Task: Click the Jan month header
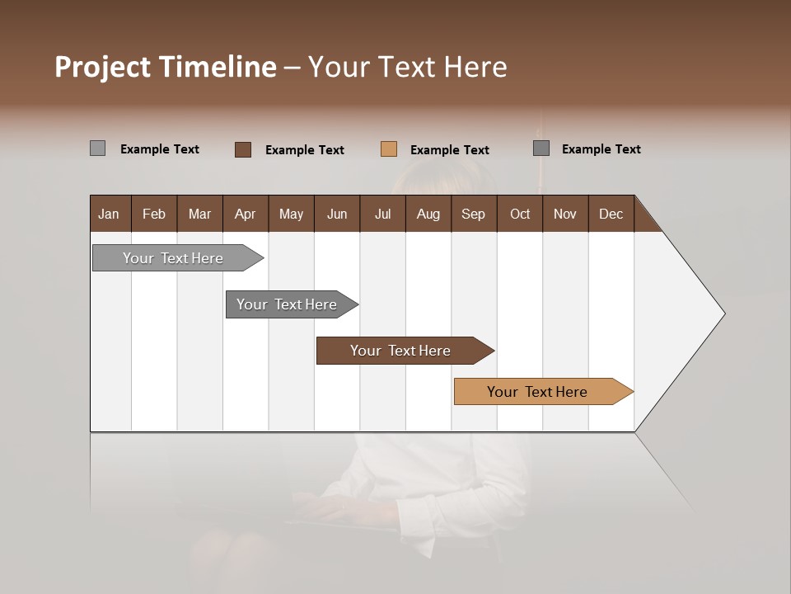110,214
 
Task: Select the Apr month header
245,214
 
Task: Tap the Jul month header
382,214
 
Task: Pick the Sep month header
473,214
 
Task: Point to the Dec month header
611,214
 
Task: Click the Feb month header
154,214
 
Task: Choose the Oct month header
520,214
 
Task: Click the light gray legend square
97,148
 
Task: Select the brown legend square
243,149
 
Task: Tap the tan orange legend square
389,149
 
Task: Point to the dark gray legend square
541,148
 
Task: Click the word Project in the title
103,67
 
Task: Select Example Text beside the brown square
304,150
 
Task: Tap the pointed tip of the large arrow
722,313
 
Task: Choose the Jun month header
337,214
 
